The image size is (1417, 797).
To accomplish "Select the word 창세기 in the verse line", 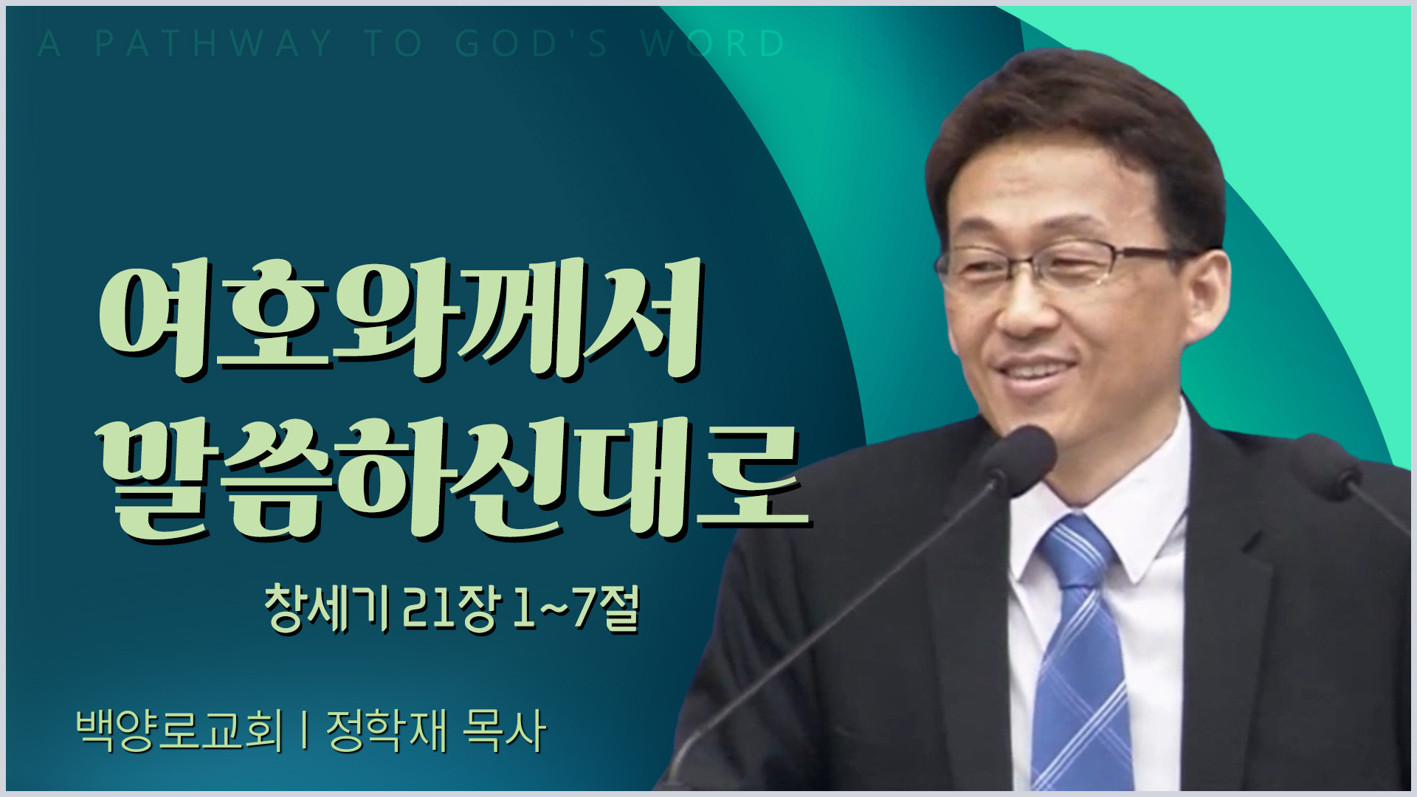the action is coord(328,610).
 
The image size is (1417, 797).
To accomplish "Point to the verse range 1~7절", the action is coord(575,610).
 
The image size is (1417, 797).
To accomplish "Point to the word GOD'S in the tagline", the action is coord(531,44).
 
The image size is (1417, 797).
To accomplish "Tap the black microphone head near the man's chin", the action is coord(1018,459).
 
